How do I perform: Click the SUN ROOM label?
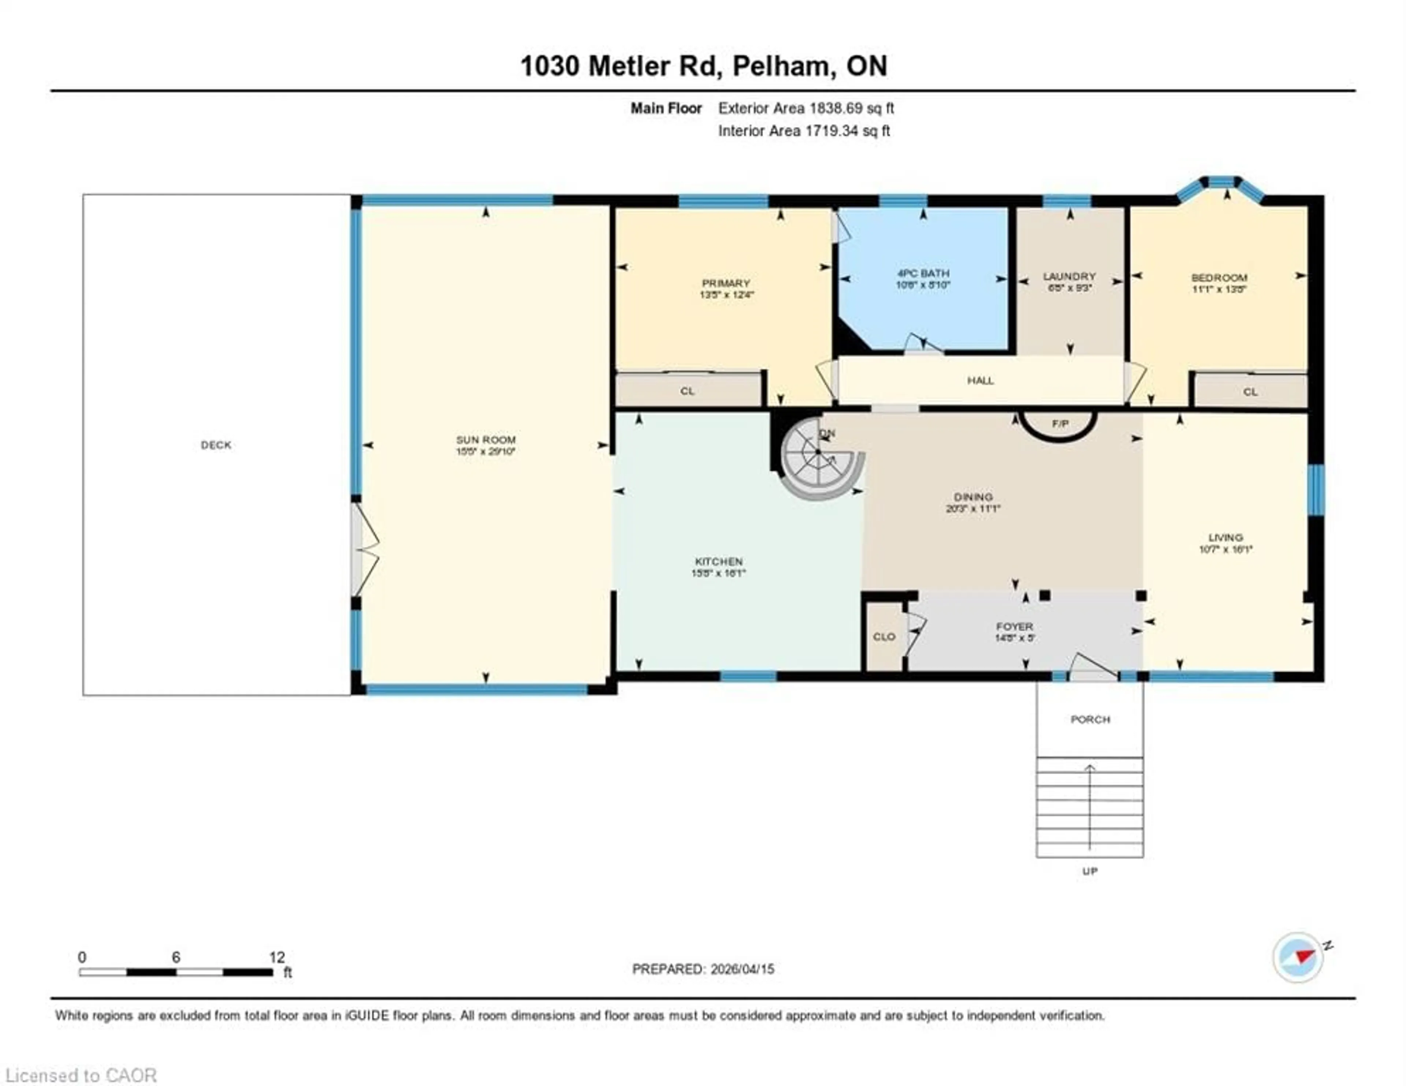(486, 440)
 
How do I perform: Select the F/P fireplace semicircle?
(1060, 425)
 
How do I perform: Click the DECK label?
(216, 445)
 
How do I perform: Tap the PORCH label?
(1090, 719)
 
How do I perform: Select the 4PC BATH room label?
(923, 273)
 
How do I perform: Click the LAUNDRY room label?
(1069, 277)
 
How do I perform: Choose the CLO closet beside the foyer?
(884, 637)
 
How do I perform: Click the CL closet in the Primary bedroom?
(688, 391)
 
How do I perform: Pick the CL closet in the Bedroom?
(1250, 391)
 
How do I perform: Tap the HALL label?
(980, 380)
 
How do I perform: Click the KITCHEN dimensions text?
(718, 573)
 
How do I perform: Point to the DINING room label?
(973, 497)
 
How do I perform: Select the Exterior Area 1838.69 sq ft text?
(806, 108)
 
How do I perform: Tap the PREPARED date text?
(703, 969)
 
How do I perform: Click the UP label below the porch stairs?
(1089, 871)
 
